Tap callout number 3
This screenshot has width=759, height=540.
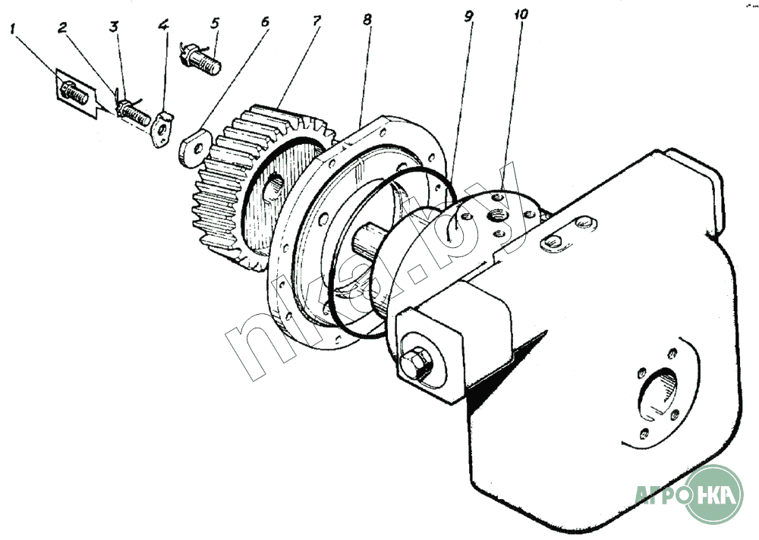click(x=113, y=27)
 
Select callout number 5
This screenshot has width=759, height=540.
click(x=215, y=24)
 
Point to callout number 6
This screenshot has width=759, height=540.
click(x=265, y=21)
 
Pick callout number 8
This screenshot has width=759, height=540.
click(x=367, y=19)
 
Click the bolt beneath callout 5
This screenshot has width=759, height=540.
click(x=203, y=61)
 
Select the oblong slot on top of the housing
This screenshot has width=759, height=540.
click(x=553, y=243)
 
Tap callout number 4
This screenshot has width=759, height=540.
click(x=163, y=24)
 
